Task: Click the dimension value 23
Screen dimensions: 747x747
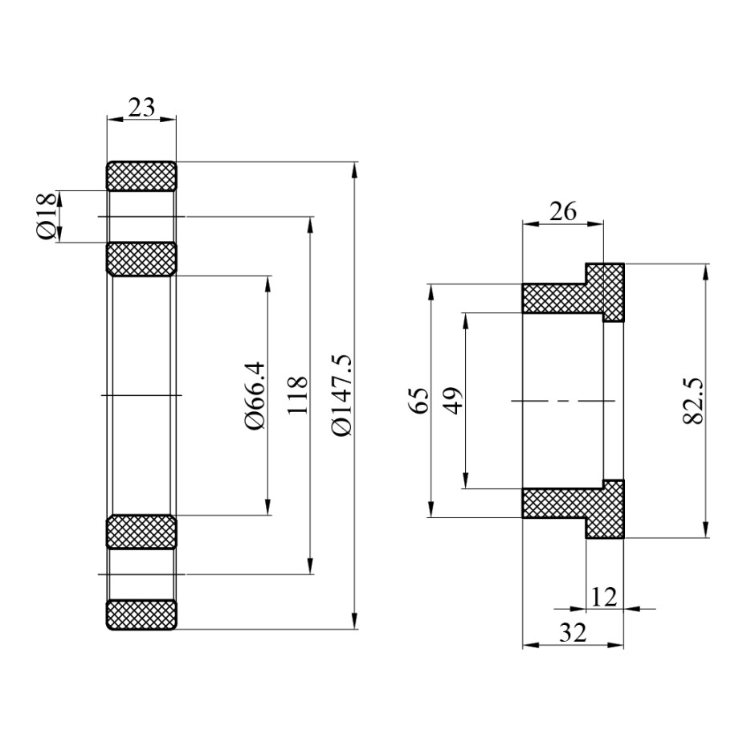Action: [x=141, y=107]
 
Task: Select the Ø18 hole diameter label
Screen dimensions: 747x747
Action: [x=45, y=217]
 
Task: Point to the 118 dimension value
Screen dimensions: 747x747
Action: [x=297, y=394]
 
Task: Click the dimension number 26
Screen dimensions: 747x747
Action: [x=562, y=212]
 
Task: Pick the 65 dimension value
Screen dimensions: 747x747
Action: [x=418, y=400]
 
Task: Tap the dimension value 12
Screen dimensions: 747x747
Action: [x=604, y=597]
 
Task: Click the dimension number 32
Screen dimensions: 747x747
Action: [x=572, y=632]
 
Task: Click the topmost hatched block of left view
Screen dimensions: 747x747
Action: [x=141, y=176]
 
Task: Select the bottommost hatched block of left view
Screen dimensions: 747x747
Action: [x=141, y=614]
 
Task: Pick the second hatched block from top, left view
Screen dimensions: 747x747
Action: [x=141, y=259]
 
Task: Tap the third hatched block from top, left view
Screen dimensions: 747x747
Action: [x=141, y=532]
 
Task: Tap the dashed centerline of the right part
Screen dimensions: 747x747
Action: [x=562, y=400]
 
